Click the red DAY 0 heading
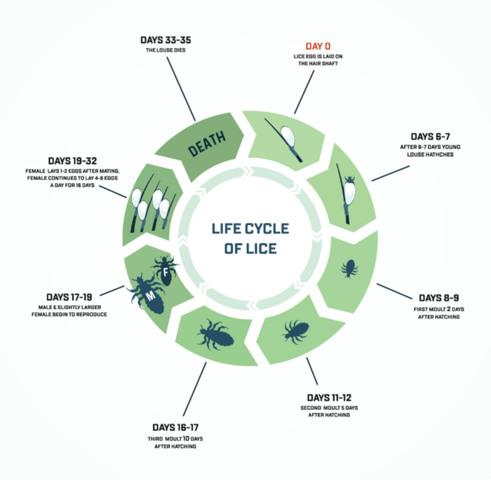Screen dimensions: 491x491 pyautogui.click(x=318, y=46)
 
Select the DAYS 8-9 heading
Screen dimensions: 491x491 pyautogui.click(x=439, y=298)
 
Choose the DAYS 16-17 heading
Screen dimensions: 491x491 pyautogui.click(x=175, y=428)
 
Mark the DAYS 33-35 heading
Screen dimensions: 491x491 pyautogui.click(x=164, y=40)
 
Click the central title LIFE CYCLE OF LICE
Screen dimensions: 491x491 pyautogui.click(x=250, y=238)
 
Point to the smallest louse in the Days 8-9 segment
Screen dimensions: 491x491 pyautogui.click(x=350, y=268)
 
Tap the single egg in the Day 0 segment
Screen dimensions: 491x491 pyautogui.click(x=287, y=135)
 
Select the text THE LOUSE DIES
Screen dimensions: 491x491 pyautogui.click(x=164, y=50)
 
